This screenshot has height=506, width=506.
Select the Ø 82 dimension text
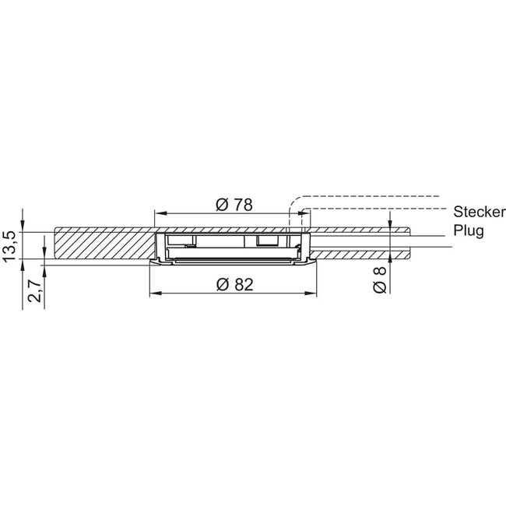tap(233, 285)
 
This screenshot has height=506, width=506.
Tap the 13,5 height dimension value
tap(10, 247)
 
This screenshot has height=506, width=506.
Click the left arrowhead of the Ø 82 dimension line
tap(153, 293)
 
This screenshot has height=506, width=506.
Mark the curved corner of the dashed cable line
tap(293, 200)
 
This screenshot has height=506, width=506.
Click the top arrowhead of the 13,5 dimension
tap(23, 221)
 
